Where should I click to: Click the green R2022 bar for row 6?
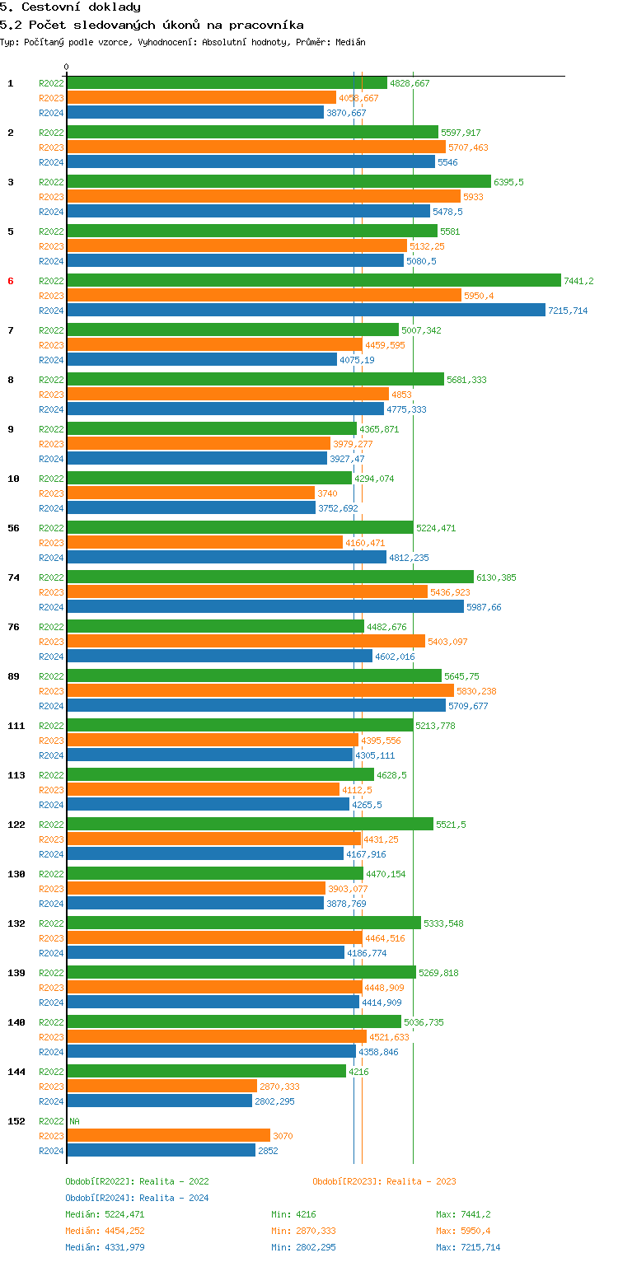click(313, 281)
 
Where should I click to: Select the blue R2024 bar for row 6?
click(306, 311)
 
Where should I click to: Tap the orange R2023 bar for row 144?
click(162, 1087)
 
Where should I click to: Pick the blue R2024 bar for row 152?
click(161, 1151)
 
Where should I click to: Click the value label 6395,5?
click(508, 182)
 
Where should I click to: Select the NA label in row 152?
click(74, 1121)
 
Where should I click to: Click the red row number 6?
click(11, 281)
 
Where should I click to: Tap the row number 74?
click(13, 577)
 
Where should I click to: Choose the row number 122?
click(16, 825)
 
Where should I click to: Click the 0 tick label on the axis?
click(67, 68)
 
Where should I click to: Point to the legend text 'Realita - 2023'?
click(421, 1181)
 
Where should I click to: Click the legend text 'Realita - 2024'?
click(174, 1198)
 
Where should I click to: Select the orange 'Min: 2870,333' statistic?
click(303, 1231)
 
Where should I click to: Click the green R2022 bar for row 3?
click(279, 182)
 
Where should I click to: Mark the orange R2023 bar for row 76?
click(246, 642)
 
